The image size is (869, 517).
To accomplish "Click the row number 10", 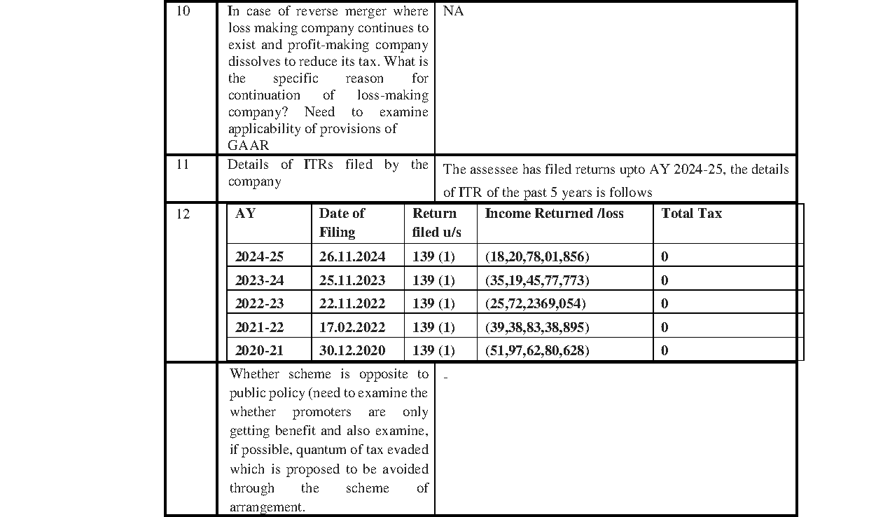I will (182, 12).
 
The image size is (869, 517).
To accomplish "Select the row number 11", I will (182, 166).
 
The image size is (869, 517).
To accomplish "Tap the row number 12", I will (182, 214).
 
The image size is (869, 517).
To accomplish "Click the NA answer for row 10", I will (453, 12).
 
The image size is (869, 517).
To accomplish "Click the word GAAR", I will (249, 146).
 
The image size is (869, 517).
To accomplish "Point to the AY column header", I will (245, 214).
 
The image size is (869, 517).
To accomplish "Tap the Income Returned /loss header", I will (554, 214).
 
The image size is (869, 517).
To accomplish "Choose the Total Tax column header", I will (691, 214).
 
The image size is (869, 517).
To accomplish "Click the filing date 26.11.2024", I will (352, 257).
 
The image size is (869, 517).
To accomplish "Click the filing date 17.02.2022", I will (352, 328).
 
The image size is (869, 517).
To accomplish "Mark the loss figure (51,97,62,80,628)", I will (537, 351).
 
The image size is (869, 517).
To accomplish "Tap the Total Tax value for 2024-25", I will (665, 257).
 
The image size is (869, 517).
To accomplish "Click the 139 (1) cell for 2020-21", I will (433, 351).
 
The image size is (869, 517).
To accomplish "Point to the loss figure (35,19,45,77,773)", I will (537, 281).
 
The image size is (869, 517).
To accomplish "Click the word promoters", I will (321, 413).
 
